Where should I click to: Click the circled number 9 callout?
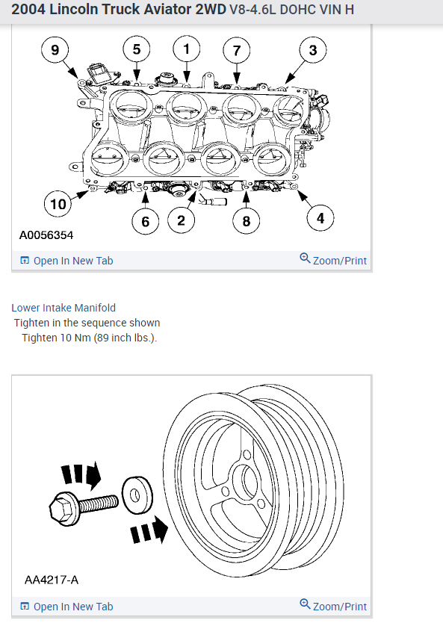[55, 50]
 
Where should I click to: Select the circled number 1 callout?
[187, 49]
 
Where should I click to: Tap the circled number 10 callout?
[58, 204]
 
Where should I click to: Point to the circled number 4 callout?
[320, 218]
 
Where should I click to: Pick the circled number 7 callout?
[237, 50]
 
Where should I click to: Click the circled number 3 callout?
[313, 50]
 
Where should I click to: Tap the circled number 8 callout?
[247, 220]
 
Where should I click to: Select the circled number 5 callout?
[137, 49]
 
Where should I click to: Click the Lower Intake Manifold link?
[63, 308]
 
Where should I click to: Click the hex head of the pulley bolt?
[63, 508]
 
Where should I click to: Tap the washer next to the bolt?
[137, 495]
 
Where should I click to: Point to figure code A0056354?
[46, 235]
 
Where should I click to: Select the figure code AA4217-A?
[52, 580]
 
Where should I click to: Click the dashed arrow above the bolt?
[81, 474]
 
